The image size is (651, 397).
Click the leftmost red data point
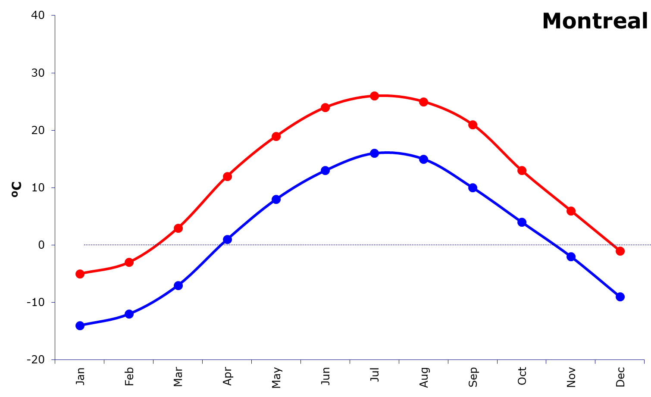coord(80,274)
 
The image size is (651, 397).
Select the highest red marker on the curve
coord(375,96)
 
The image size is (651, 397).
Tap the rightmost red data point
coord(620,251)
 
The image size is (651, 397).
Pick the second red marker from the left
coord(129,262)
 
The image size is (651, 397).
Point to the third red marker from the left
coord(178,228)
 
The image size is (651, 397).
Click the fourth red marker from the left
coord(227,176)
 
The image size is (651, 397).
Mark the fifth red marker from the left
coord(276,136)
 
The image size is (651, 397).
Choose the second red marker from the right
coord(571,211)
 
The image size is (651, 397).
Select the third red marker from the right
coord(522,170)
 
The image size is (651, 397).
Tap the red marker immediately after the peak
coord(424,102)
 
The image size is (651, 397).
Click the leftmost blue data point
coord(80,325)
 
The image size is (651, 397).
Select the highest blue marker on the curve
coord(375,153)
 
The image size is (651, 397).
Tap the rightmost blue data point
coord(620,297)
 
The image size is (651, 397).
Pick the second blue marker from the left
coord(129,314)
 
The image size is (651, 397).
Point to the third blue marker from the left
coord(178,285)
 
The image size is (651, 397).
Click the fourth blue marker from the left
coord(227,239)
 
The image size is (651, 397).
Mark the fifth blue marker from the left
coord(276,199)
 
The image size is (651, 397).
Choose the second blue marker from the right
coord(571,256)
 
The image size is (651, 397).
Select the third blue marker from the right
coord(522,222)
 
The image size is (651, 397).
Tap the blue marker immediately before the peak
coord(325,170)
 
